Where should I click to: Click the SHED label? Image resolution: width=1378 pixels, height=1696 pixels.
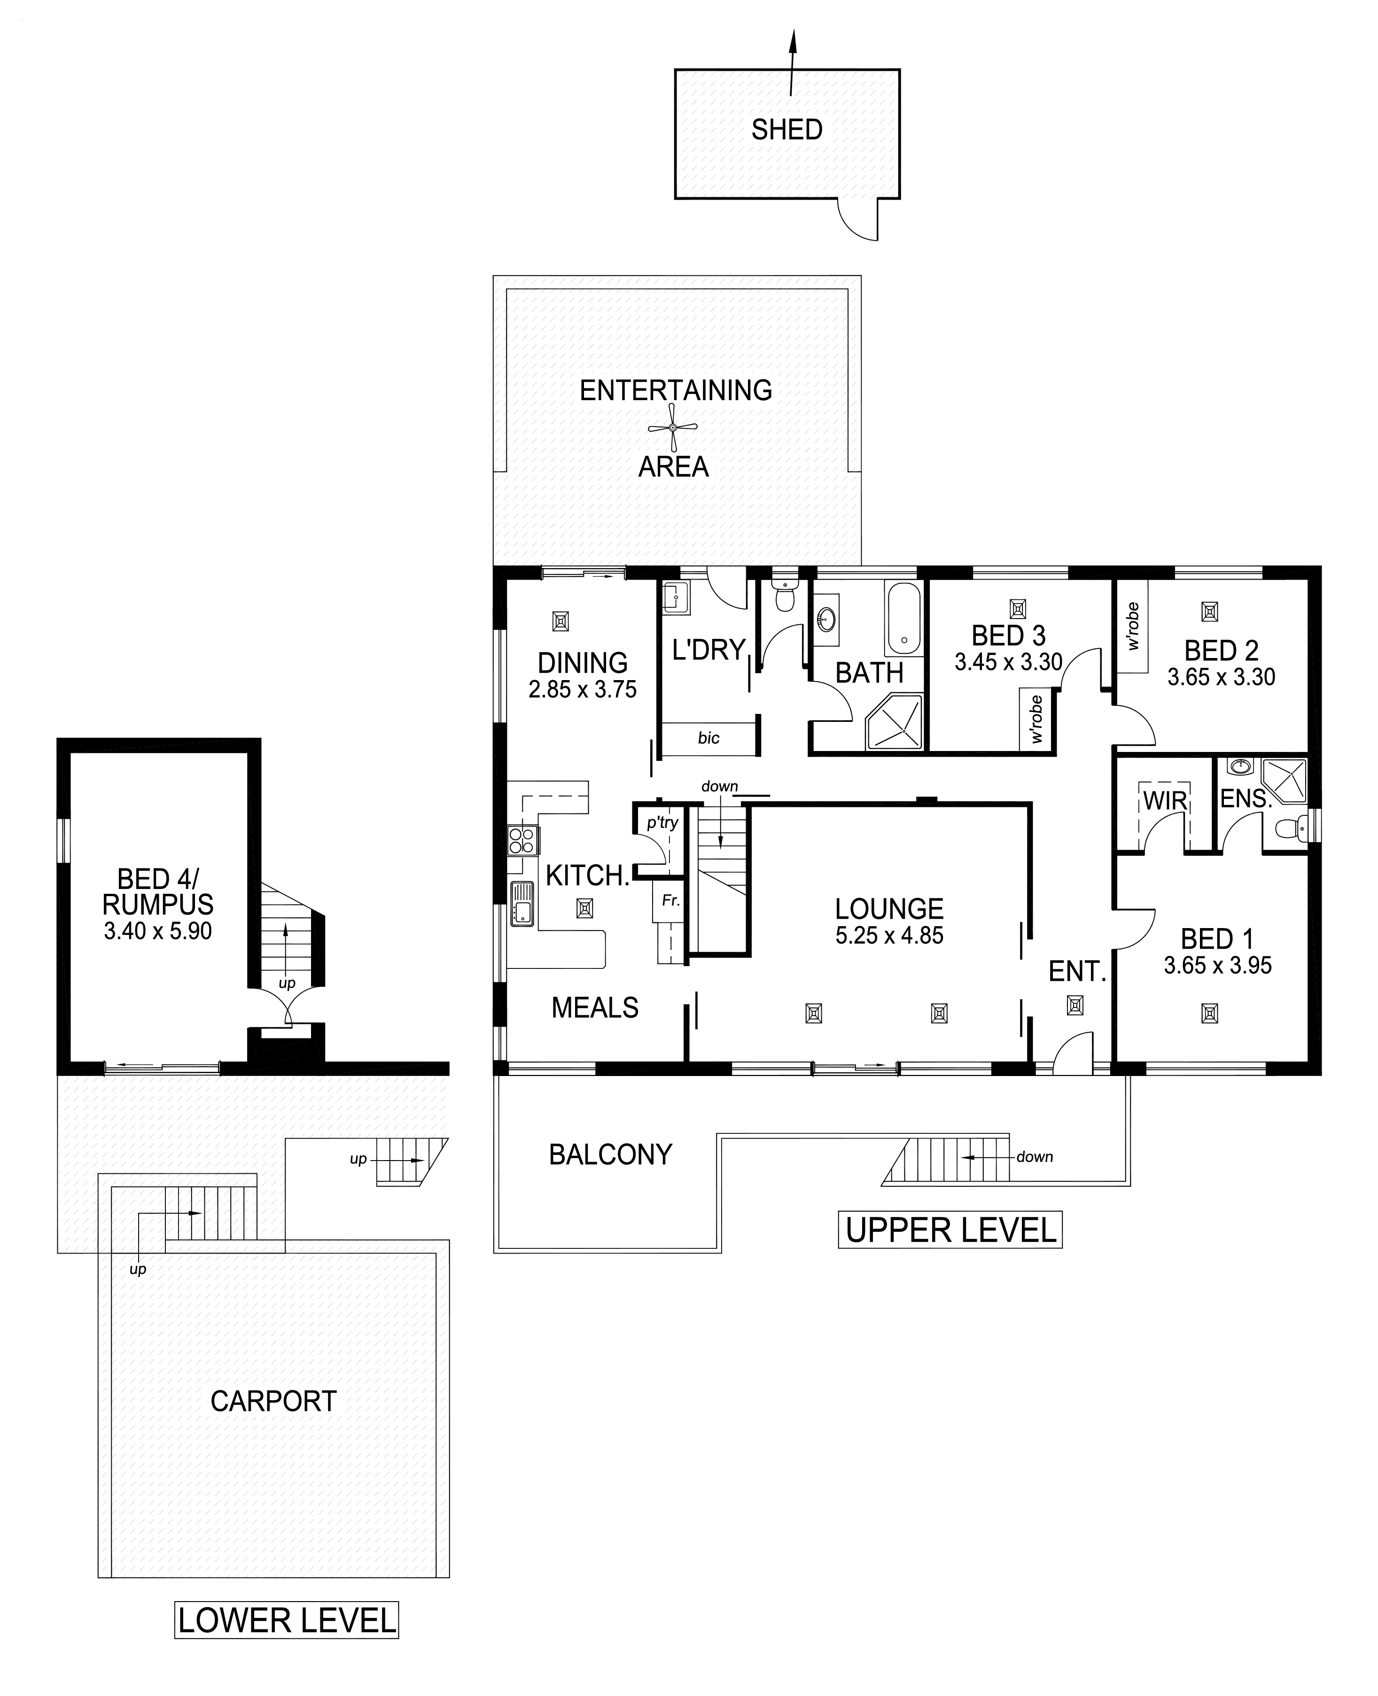click(786, 129)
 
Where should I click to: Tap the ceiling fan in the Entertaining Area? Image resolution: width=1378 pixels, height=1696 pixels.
click(672, 428)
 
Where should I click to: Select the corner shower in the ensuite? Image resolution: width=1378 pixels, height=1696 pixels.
click(1284, 782)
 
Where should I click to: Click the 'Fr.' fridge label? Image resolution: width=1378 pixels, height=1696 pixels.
click(671, 901)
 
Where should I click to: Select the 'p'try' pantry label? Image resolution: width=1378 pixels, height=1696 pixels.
click(662, 823)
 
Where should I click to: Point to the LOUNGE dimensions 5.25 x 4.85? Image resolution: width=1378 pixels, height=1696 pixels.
click(889, 936)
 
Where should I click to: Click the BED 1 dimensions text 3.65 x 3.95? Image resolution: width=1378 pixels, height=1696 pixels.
click(1218, 966)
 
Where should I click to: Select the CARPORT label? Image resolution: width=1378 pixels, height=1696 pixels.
click(274, 1402)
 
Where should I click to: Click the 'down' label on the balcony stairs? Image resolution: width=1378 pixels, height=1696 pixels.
click(1034, 1157)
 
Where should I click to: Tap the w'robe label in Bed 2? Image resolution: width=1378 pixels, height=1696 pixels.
click(1133, 626)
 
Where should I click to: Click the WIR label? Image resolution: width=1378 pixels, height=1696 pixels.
click(1165, 801)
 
